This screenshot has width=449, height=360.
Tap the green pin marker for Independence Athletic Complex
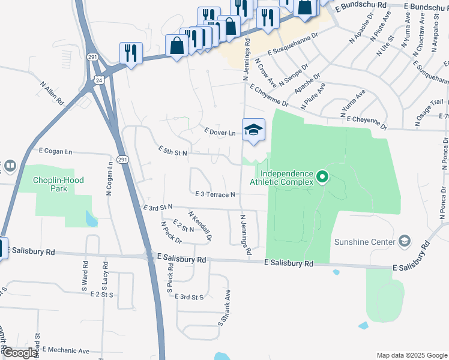click(322, 177)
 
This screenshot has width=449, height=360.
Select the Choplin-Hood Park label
click(58, 184)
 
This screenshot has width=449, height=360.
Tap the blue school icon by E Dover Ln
click(253, 130)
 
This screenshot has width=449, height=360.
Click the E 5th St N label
click(173, 151)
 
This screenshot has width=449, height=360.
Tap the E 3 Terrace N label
click(215, 194)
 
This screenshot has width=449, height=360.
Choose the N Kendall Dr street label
click(200, 226)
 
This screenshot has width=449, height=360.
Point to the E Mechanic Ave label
click(67, 351)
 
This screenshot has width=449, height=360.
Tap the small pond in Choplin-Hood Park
click(91, 219)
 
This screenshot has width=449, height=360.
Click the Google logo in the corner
click(20, 353)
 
